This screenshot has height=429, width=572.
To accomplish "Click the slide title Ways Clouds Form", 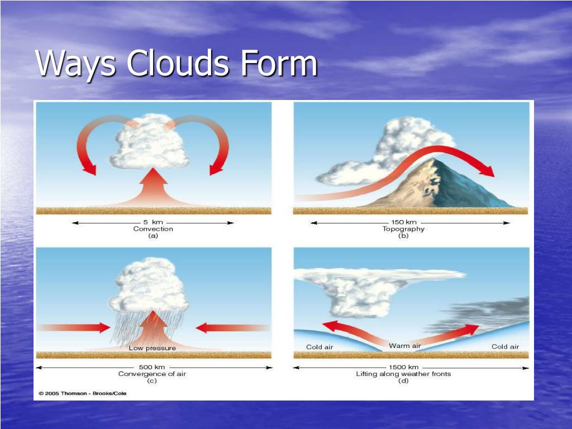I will (x=177, y=64).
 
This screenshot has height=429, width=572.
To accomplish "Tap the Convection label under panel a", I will (x=153, y=229).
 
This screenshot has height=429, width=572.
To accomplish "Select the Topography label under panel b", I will (x=403, y=229).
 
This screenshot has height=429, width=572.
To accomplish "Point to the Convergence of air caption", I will (x=152, y=374).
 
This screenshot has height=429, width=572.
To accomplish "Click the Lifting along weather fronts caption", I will (x=403, y=374).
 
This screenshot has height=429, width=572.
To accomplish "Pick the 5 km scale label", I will (x=153, y=222).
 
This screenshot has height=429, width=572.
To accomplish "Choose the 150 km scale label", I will (x=403, y=222).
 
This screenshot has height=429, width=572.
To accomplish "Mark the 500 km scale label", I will (x=152, y=367).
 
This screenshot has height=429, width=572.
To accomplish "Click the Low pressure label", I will (x=152, y=348).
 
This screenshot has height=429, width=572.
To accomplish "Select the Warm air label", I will (x=405, y=346).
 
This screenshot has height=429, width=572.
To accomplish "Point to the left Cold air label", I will (x=320, y=347).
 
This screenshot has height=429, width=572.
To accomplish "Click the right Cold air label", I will (x=505, y=347).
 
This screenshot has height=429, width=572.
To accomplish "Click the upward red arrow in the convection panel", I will (x=153, y=187).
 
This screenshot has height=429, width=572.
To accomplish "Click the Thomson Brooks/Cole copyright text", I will (x=82, y=393).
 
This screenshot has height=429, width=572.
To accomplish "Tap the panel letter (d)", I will (x=403, y=381).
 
